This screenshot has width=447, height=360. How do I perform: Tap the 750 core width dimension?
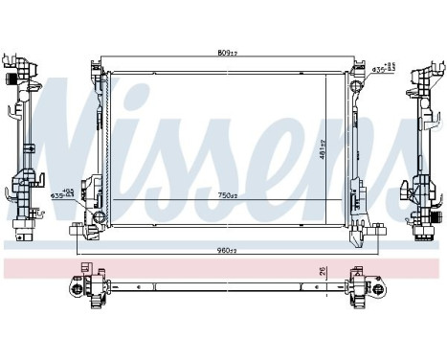(226, 195)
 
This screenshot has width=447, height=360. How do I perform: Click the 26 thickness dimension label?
(323, 270)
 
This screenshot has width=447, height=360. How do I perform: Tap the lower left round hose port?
(96, 214)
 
